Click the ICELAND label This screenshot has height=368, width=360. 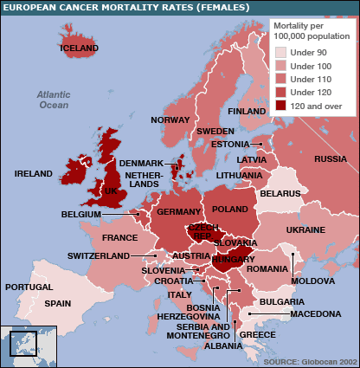[x=79, y=48]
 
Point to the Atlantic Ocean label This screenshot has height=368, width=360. [x=53, y=100]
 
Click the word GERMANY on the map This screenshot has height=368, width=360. [x=179, y=212]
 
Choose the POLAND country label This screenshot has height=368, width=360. [x=229, y=209]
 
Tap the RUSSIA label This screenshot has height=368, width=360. [x=330, y=159]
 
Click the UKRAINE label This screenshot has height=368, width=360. [x=305, y=230]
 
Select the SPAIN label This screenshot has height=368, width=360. [x=58, y=303]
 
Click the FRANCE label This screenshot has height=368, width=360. [x=119, y=237]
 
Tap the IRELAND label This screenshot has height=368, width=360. [x=33, y=174]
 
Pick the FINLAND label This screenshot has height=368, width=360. [x=247, y=112]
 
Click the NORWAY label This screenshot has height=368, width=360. [x=170, y=119]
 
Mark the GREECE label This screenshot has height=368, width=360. [x=257, y=334]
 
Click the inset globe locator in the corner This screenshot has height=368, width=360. [x=29, y=345]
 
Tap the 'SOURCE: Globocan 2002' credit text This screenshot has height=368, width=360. [x=309, y=360]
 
